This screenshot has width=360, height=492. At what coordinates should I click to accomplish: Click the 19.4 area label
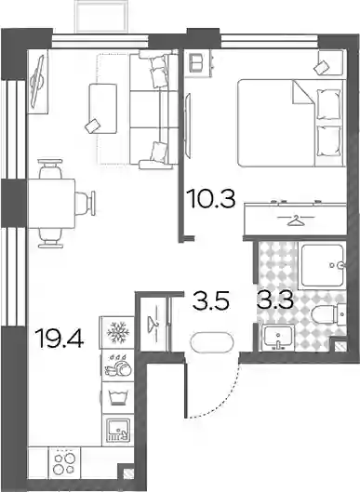click(60, 339)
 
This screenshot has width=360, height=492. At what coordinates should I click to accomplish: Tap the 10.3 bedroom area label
click(210, 199)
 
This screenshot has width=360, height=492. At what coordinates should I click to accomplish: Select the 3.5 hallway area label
click(211, 300)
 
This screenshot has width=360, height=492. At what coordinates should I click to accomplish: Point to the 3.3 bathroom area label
click(275, 299)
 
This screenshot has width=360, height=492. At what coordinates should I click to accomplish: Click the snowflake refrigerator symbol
click(118, 332)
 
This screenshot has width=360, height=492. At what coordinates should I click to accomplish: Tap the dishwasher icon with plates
click(118, 366)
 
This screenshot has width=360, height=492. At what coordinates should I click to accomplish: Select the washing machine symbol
click(118, 398)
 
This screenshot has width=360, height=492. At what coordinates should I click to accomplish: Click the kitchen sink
click(118, 431)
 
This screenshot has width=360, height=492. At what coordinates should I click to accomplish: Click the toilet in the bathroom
click(328, 313)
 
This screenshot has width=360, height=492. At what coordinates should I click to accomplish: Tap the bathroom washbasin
click(278, 338)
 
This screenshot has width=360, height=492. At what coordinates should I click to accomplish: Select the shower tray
click(323, 265)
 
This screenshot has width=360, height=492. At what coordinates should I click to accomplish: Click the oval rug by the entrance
click(212, 343)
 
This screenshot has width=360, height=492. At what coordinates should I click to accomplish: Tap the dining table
click(52, 204)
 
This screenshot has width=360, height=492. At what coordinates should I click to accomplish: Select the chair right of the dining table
click(85, 204)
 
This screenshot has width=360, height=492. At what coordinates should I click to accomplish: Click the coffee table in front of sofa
click(102, 108)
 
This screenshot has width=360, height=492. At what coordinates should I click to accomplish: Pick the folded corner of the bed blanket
click(303, 92)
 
